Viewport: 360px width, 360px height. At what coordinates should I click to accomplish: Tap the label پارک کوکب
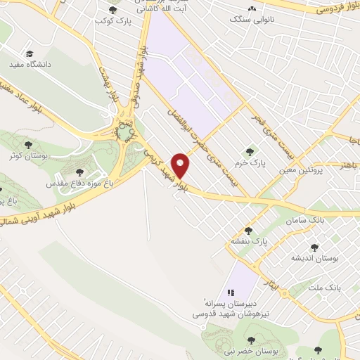(114, 20)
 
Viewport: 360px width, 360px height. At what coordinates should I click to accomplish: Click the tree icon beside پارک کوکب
(114, 9)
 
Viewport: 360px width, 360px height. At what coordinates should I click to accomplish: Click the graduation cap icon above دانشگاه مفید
(30, 53)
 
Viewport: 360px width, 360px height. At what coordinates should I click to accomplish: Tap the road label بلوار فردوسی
(336, 9)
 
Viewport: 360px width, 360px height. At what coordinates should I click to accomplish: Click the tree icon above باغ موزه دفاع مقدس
(77, 170)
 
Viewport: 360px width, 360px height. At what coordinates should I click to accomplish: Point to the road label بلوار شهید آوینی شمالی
(28, 212)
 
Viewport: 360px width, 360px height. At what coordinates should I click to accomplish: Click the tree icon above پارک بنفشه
(248, 230)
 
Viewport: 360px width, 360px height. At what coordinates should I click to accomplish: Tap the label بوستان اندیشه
(314, 258)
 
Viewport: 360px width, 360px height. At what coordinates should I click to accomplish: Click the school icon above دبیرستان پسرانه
(230, 292)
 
